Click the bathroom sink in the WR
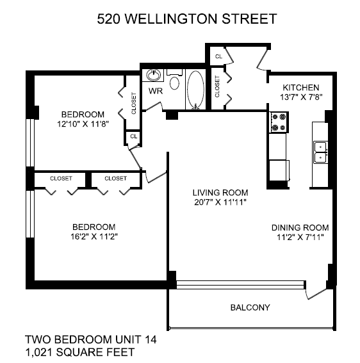[x=153, y=75]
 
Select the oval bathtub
[x=196, y=90]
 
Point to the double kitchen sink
[x=321, y=152]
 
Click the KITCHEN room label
[x=301, y=88]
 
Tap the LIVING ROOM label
[x=220, y=193]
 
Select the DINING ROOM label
[x=300, y=227]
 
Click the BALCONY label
[x=250, y=307]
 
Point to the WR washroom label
[x=156, y=91]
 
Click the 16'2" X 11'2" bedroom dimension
[x=94, y=237]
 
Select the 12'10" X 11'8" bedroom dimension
[x=83, y=124]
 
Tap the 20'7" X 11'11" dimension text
[x=220, y=202]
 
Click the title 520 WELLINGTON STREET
[x=186, y=19]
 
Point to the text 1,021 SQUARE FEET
[x=79, y=352]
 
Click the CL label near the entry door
[x=218, y=56]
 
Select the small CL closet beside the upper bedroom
[x=134, y=136]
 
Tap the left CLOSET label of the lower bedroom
[x=61, y=179]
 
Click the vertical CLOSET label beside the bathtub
[x=217, y=86]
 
